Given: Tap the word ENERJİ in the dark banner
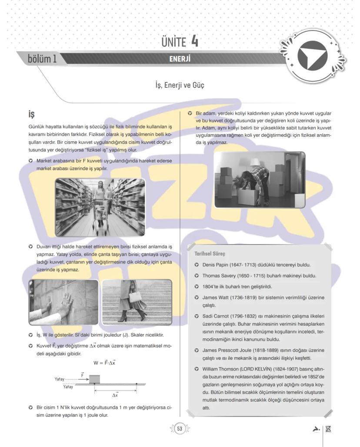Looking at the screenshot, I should [180, 59].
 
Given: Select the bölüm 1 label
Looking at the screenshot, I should [42, 59].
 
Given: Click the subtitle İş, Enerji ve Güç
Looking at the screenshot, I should [180, 85].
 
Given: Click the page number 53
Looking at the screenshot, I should [180, 429].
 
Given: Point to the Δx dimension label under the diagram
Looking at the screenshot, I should [115, 395].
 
